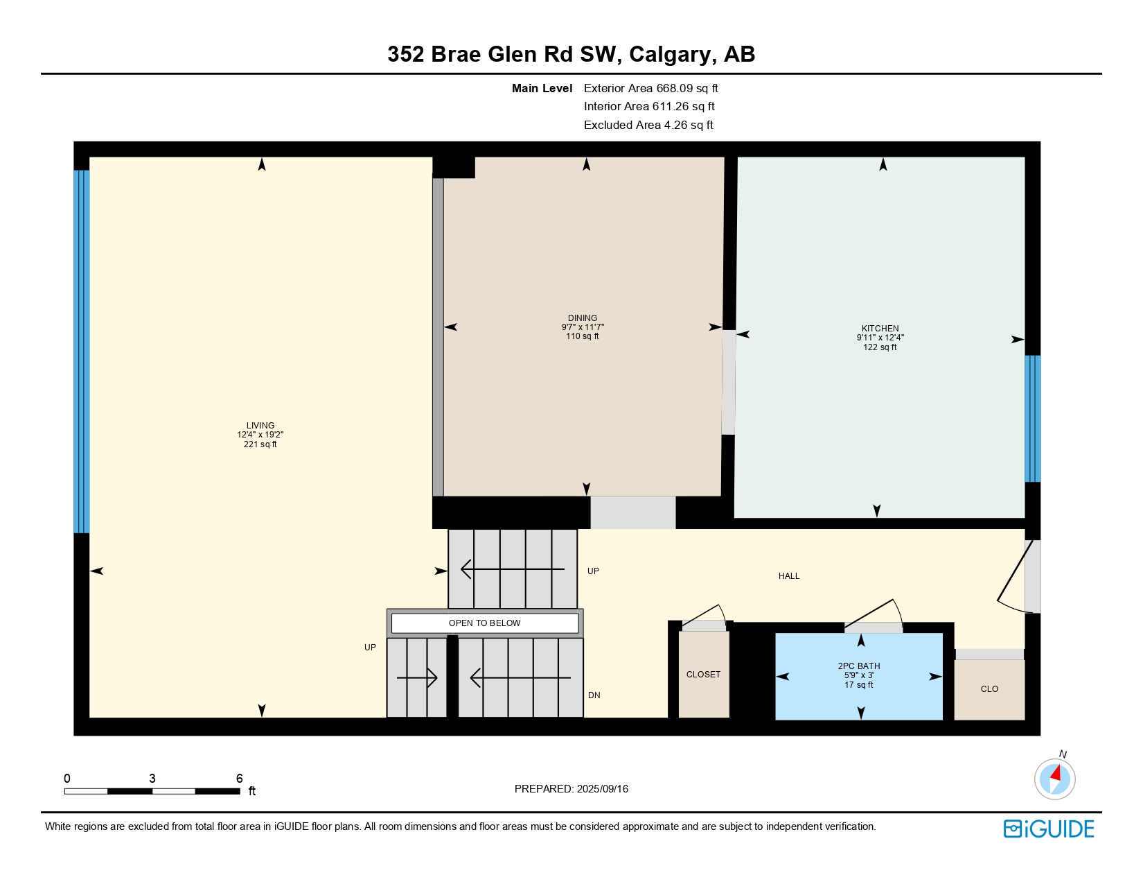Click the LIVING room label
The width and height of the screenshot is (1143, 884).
(260, 426)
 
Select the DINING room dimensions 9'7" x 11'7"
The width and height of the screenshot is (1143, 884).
(583, 327)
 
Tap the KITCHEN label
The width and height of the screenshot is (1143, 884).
(880, 329)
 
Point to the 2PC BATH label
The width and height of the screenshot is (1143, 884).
(859, 666)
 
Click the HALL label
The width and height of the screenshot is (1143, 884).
(789, 576)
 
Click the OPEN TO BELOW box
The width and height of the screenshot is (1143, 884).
(485, 623)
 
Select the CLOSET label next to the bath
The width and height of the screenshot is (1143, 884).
(703, 675)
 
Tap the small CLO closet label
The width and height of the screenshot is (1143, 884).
(989, 689)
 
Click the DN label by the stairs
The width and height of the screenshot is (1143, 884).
(594, 695)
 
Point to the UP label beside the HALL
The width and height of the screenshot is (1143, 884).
(593, 571)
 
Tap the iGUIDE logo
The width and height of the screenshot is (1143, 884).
(1049, 829)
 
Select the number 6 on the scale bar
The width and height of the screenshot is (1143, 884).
(240, 779)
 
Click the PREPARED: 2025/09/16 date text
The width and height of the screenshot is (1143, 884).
(571, 789)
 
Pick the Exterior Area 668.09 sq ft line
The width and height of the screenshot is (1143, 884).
(650, 88)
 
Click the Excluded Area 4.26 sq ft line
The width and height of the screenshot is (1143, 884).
(648, 125)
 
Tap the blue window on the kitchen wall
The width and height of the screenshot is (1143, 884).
(1032, 419)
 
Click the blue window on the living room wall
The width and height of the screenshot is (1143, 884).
(82, 352)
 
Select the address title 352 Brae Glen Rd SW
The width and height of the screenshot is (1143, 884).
(571, 54)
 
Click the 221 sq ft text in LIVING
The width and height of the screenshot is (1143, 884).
(260, 444)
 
